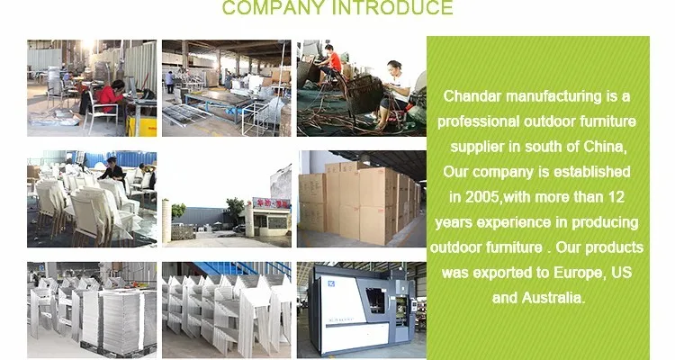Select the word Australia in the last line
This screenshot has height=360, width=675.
click(x=553, y=298)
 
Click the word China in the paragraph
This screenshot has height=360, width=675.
click(x=605, y=147)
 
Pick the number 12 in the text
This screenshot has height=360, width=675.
click(x=616, y=197)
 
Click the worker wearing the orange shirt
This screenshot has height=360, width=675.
click(x=331, y=60)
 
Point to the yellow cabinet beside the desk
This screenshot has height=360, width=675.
click(x=141, y=126)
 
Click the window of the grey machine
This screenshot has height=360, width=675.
click(x=375, y=300)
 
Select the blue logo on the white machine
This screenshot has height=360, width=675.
click(x=331, y=283)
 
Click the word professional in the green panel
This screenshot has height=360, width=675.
click(x=478, y=121)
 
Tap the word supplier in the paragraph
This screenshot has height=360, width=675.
click(x=477, y=148)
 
